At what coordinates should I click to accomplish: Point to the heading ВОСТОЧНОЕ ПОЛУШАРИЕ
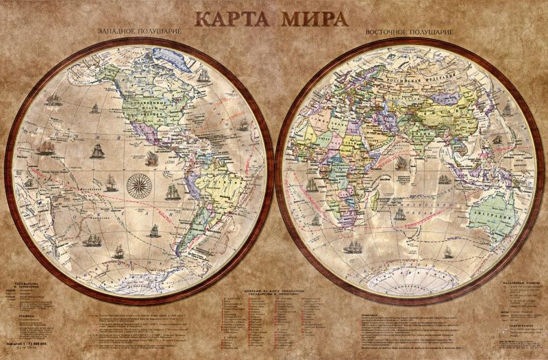(x=400, y=33)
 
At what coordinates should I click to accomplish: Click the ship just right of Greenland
(x=202, y=75)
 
